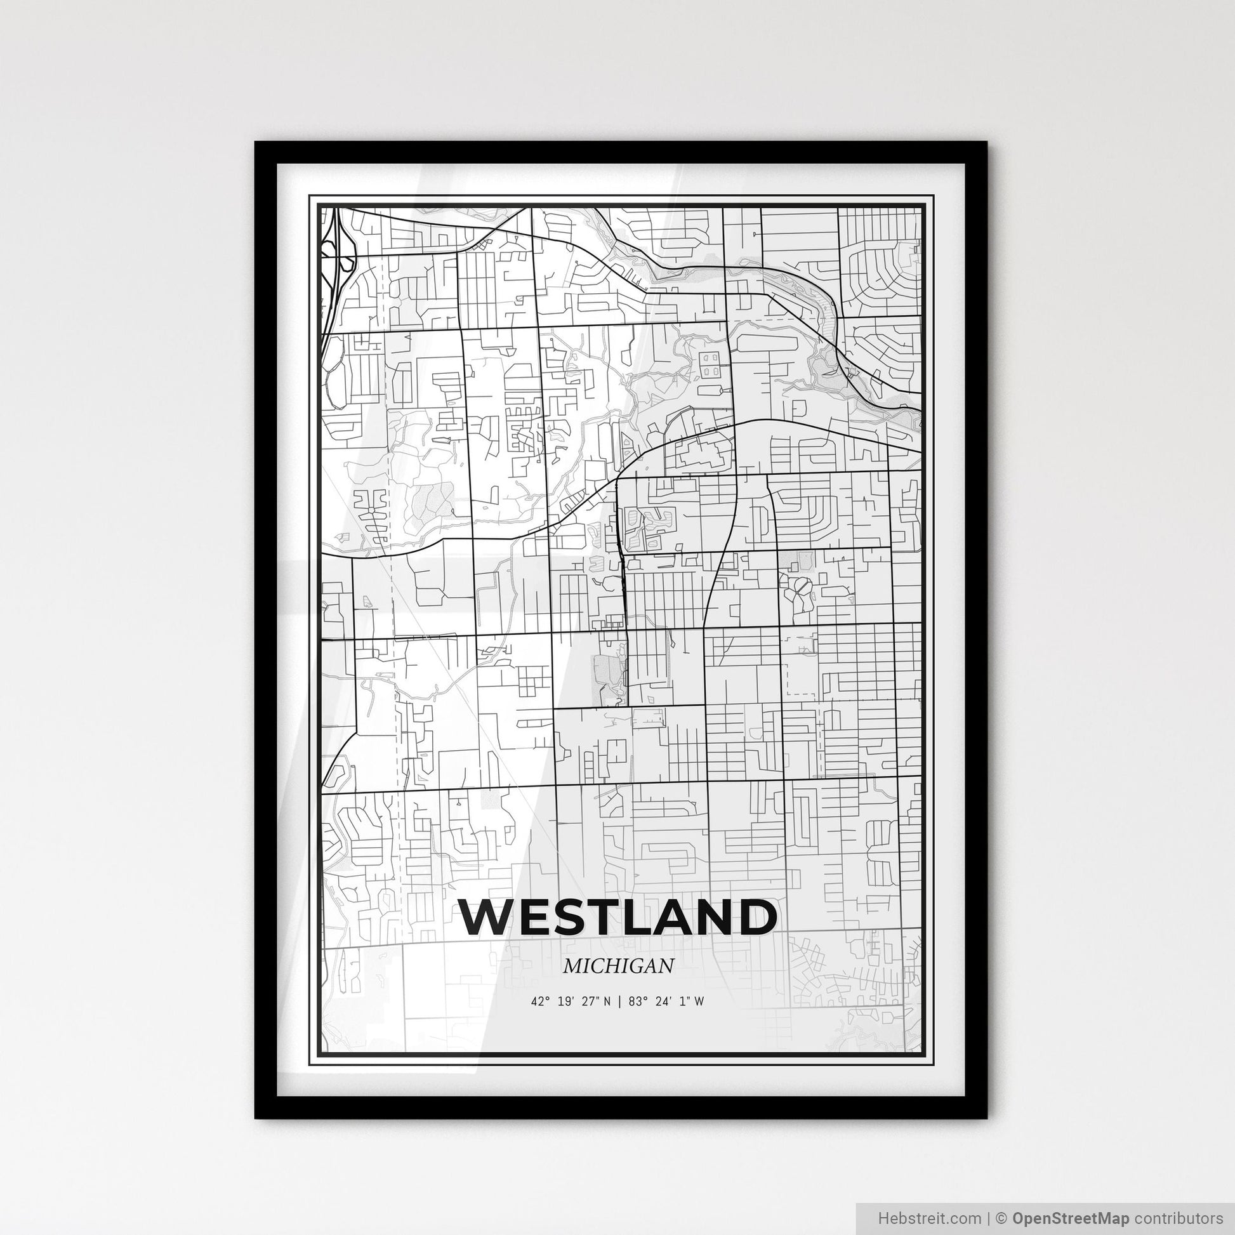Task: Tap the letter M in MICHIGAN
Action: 572,966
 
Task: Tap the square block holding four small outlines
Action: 710,364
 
